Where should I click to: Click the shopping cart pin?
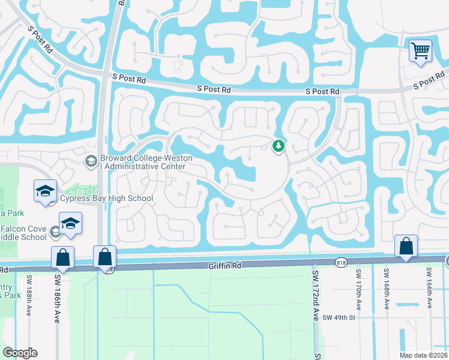click(421, 50)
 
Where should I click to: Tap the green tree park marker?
click(278, 145)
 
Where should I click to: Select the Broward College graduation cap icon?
click(91, 160)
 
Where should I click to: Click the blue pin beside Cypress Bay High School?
click(45, 191)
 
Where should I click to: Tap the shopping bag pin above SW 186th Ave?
click(63, 258)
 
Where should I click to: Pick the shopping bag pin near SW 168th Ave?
click(406, 247)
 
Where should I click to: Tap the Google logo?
click(20, 353)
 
